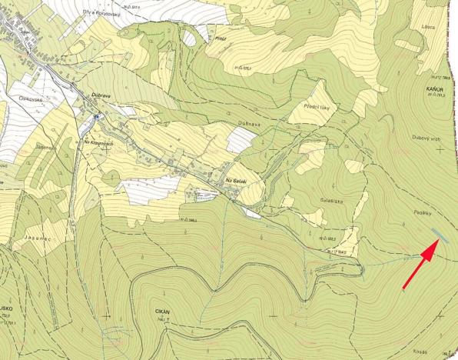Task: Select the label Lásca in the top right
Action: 428,27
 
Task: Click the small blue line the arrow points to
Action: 436,234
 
